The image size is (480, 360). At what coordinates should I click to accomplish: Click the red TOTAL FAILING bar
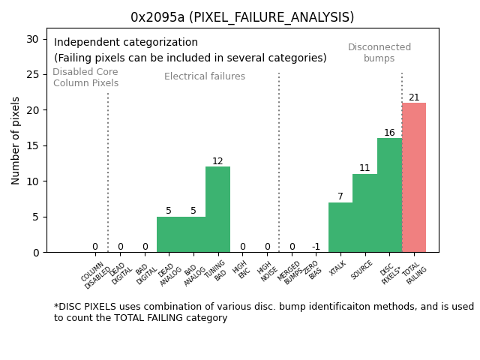pos(414,178)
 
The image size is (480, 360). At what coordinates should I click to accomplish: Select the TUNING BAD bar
pos(217,209)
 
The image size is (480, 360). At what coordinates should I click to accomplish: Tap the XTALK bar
pos(340,227)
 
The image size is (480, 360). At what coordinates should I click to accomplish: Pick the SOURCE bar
pos(364,213)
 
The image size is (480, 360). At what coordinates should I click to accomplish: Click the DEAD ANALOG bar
pos(169,234)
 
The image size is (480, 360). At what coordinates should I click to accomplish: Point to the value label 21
pos(414,97)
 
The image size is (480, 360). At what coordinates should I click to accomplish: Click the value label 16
pos(389,133)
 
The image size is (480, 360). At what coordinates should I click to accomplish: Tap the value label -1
pos(316,247)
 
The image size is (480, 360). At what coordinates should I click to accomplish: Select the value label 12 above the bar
pos(217,161)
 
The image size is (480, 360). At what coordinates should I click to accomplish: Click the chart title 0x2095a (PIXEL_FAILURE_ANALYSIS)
pos(242,17)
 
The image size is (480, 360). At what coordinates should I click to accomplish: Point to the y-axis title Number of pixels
pos(16,140)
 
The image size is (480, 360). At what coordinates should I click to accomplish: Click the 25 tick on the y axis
pos(34,74)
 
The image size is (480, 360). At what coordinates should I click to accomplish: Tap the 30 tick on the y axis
pos(34,39)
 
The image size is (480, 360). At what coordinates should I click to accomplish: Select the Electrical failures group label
pos(205,76)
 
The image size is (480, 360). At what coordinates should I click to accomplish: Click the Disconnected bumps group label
pos(379,53)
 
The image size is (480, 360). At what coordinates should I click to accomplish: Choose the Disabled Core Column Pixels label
pos(85,78)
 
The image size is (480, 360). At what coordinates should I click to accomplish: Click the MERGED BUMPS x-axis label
pos(289,272)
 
